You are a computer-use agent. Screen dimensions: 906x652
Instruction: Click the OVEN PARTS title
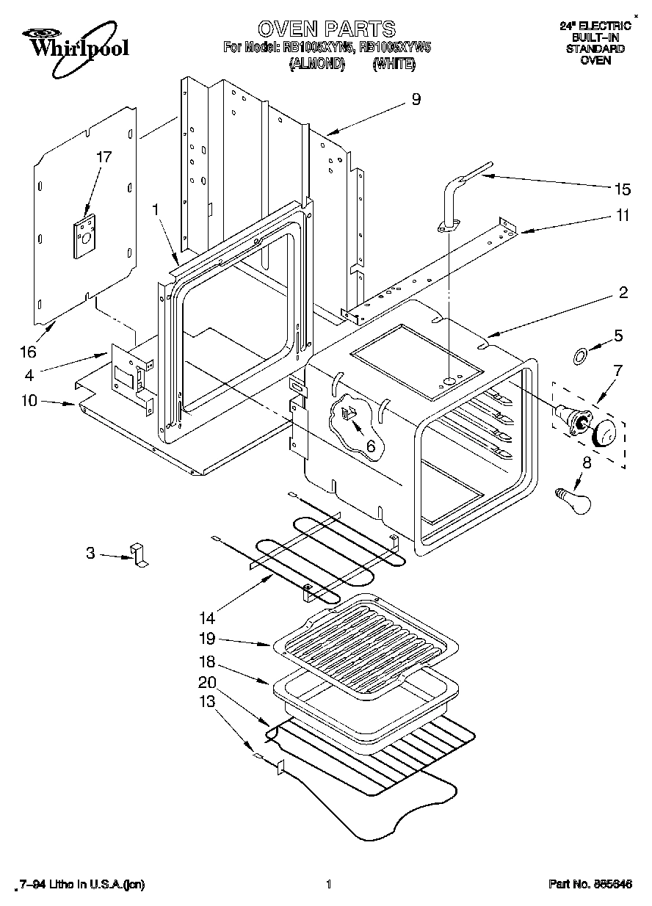click(x=326, y=29)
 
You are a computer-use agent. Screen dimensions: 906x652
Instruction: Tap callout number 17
click(x=104, y=156)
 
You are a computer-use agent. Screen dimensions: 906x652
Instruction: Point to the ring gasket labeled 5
click(x=579, y=357)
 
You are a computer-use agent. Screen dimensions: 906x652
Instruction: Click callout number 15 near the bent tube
click(x=621, y=189)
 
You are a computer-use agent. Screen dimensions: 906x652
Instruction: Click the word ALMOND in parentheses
click(x=317, y=64)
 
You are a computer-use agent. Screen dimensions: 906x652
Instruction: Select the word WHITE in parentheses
click(x=394, y=64)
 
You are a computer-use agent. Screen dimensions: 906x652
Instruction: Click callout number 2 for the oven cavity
click(x=623, y=293)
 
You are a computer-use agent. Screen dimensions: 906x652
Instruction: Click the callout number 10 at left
click(x=30, y=401)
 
